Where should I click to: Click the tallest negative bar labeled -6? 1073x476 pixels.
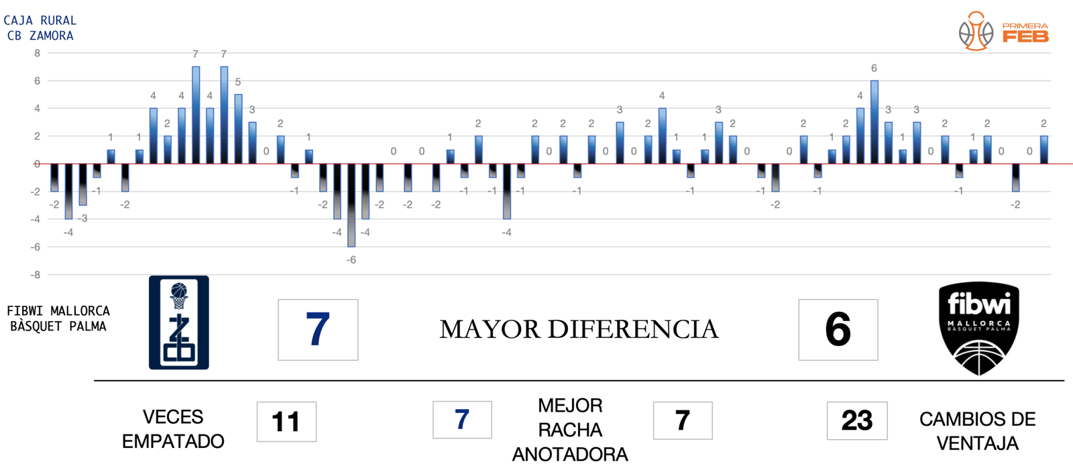point(351,205)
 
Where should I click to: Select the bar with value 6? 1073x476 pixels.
point(874,122)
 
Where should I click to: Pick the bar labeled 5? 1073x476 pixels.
point(238,129)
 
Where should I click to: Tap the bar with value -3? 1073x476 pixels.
point(82,184)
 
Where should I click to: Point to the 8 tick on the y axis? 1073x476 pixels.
point(37,53)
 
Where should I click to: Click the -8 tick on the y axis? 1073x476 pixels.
point(36,275)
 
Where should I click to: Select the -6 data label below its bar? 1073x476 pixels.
point(351,260)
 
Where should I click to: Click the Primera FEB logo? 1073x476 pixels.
point(1003,32)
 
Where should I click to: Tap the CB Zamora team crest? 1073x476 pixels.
point(178,322)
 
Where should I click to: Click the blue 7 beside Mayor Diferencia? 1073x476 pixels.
point(318,329)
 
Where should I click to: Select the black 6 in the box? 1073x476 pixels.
point(838,329)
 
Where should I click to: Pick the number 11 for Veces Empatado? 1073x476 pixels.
point(286,422)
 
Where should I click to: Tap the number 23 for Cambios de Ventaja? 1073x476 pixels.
point(856,421)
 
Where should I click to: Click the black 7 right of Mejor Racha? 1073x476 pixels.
point(682,420)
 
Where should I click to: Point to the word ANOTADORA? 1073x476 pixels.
point(570,455)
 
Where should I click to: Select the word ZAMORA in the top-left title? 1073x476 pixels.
point(51,36)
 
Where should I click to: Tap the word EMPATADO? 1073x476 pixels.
point(173,441)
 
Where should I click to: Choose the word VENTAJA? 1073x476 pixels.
point(977,443)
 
